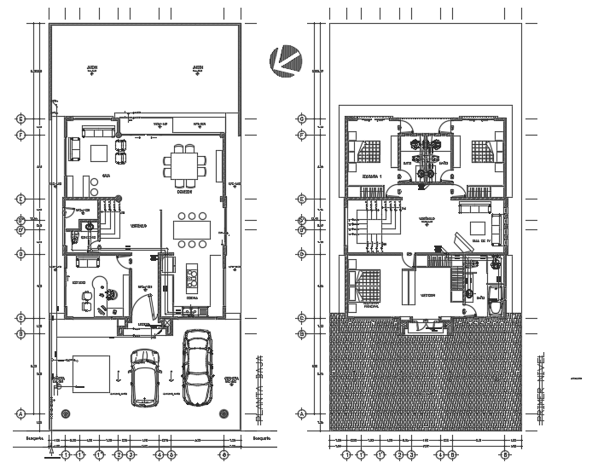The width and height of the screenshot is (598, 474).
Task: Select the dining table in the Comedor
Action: click(185, 165)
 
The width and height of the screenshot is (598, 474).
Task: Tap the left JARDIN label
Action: click(90, 67)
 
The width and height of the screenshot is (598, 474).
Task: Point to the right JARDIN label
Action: click(197, 67)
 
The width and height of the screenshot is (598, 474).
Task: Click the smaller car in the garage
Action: click(142, 376)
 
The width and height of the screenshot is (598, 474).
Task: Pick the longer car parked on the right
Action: click(197, 368)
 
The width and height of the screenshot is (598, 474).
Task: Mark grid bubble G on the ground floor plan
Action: click(19, 118)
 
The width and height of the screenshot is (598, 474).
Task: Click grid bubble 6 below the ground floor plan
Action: click(224, 454)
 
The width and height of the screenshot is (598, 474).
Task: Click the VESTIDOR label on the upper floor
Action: click(427, 295)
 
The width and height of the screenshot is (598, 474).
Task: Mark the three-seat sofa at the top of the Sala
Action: click(97, 133)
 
